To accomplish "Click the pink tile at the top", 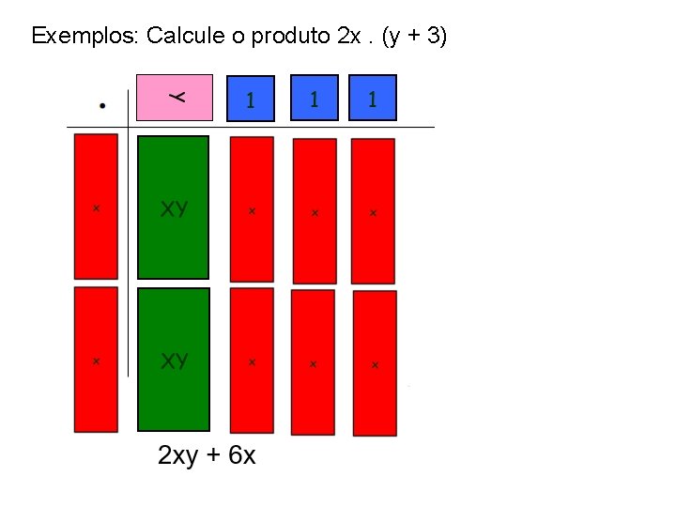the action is (x=175, y=98).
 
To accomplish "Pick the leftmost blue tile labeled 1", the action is (x=251, y=100).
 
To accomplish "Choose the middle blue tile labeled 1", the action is (x=313, y=99).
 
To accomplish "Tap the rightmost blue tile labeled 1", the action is (x=373, y=99).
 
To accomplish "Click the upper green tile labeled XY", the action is (x=174, y=207).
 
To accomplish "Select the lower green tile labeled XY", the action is (x=174, y=360).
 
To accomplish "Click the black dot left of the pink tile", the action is (x=101, y=105).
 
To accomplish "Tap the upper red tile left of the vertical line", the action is (x=96, y=207).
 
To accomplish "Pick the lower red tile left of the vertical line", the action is (x=96, y=360).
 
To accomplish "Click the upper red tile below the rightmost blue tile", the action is (x=373, y=211).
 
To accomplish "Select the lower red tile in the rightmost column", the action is (x=375, y=362).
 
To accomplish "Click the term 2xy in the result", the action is (x=178, y=456).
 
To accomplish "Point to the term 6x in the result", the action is (x=241, y=456).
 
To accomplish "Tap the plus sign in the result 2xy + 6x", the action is (x=213, y=457).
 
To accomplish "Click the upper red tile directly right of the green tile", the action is (x=252, y=209).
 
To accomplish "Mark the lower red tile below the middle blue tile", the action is (x=313, y=361).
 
